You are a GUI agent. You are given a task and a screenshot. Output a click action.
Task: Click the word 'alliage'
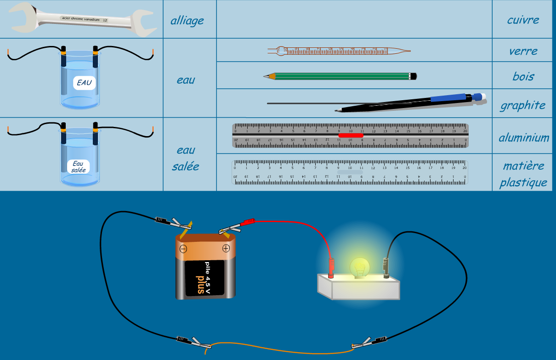(187, 21)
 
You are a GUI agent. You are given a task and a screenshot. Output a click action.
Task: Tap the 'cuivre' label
(523, 20)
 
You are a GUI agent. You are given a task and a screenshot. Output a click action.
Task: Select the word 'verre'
(523, 51)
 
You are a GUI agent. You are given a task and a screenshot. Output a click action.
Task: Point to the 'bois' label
(523, 76)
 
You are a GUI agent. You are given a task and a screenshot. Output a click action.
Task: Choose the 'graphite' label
(523, 105)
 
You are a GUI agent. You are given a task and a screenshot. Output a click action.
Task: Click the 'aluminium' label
(524, 137)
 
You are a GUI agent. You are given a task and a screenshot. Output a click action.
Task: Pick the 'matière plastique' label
(523, 174)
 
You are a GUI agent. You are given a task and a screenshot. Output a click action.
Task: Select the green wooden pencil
(340, 76)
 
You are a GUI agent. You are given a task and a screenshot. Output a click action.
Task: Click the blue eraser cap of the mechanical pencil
(478, 97)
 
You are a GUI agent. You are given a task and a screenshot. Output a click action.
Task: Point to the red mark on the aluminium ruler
(351, 135)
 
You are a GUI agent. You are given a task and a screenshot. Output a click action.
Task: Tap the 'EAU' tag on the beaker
(84, 83)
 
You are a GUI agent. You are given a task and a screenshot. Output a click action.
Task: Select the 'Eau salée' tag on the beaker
(78, 166)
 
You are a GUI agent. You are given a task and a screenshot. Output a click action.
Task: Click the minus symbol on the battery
(183, 249)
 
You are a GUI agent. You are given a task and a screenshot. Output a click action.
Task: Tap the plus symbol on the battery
(226, 249)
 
